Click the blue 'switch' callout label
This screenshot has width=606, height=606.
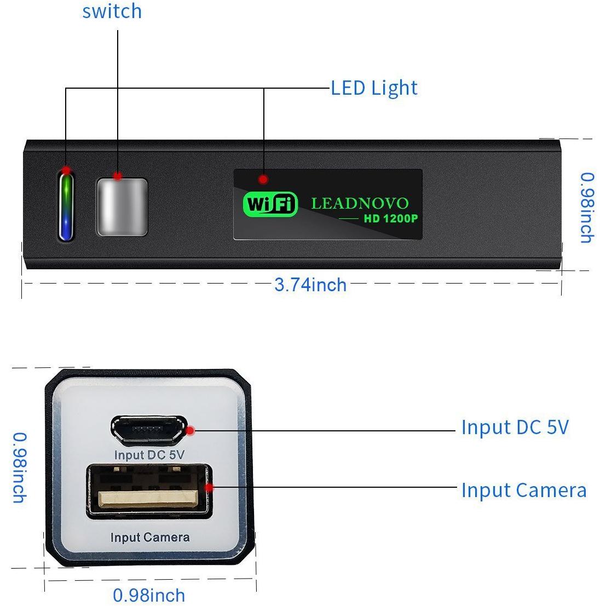pos(112,11)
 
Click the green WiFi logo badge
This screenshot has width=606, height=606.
pos(270,204)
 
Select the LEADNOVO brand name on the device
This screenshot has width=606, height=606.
pos(360,203)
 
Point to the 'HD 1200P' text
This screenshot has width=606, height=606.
pos(391,219)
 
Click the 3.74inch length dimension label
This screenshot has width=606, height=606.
pos(310,285)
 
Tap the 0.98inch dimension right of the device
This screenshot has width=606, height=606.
pos(587,207)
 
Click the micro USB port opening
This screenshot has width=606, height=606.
pos(149,429)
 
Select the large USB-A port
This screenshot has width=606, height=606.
pos(149,491)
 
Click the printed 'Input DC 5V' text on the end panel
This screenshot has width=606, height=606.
pos(149,455)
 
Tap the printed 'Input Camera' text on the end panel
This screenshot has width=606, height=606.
pos(150,537)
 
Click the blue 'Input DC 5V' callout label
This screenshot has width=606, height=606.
pos(515,428)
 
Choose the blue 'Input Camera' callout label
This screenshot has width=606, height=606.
pos(524,490)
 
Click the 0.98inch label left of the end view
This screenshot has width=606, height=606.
pos(20,468)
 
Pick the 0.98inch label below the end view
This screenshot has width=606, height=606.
pos(149,595)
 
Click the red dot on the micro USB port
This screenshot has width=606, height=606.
pos(190,430)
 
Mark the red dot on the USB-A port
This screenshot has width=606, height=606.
pos(209,487)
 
